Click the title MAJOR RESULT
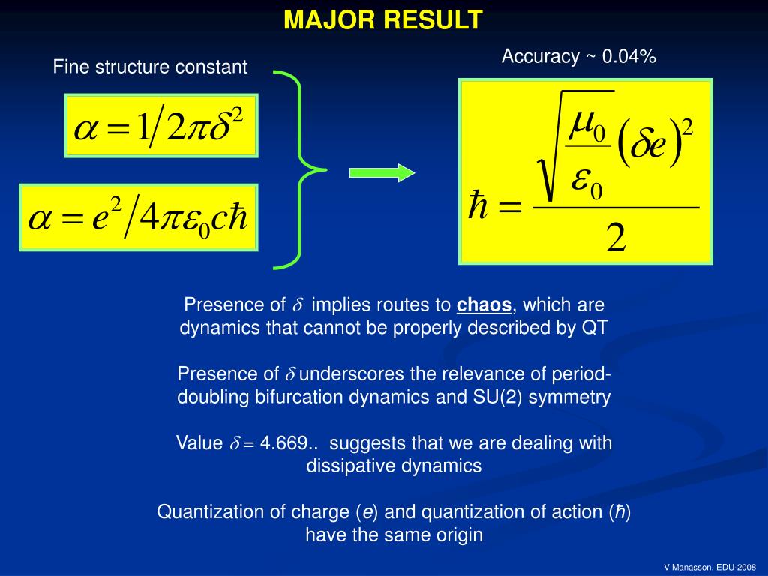[x=383, y=20]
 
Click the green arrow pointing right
[x=382, y=173]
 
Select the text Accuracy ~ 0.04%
[x=578, y=57]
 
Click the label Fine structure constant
[x=150, y=67]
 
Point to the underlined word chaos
[x=484, y=305]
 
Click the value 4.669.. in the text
[x=286, y=443]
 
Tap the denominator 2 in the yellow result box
[x=616, y=239]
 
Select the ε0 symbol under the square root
[x=586, y=182]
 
